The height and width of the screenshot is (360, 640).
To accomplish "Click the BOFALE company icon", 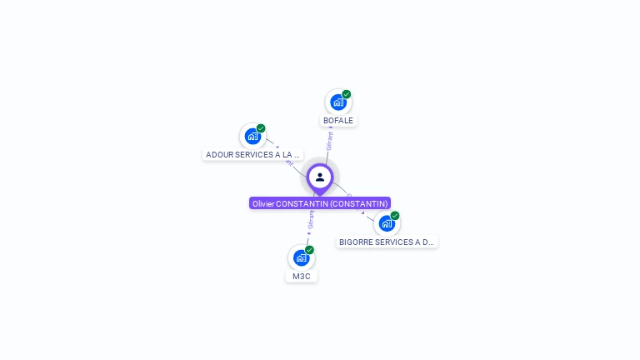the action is click(337, 102).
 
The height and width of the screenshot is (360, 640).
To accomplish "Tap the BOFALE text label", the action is click(338, 121).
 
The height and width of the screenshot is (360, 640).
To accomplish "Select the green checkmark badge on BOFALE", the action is click(347, 94).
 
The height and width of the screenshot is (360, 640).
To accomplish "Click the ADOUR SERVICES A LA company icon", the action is click(252, 137).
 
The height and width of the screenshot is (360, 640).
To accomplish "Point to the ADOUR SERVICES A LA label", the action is click(252, 155).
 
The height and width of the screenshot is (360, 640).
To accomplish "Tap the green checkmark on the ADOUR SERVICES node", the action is click(261, 128).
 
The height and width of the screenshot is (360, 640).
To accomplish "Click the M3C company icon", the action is click(301, 257).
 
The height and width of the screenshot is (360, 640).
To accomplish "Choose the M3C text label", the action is click(301, 277).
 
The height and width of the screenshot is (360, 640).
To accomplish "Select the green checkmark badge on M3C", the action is click(309, 250).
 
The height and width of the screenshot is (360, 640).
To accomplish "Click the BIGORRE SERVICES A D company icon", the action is click(387, 223).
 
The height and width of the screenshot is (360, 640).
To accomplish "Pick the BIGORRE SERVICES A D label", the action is click(387, 242).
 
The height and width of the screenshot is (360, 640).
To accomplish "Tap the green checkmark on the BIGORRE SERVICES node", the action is click(395, 216).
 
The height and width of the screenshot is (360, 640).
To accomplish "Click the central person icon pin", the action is click(320, 177).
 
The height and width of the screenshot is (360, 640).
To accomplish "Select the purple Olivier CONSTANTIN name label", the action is click(320, 203).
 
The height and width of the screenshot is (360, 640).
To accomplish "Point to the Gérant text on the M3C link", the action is click(311, 219).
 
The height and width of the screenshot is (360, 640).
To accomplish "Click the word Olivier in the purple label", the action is click(262, 203).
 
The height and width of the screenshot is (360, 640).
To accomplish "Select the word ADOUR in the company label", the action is click(220, 155).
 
